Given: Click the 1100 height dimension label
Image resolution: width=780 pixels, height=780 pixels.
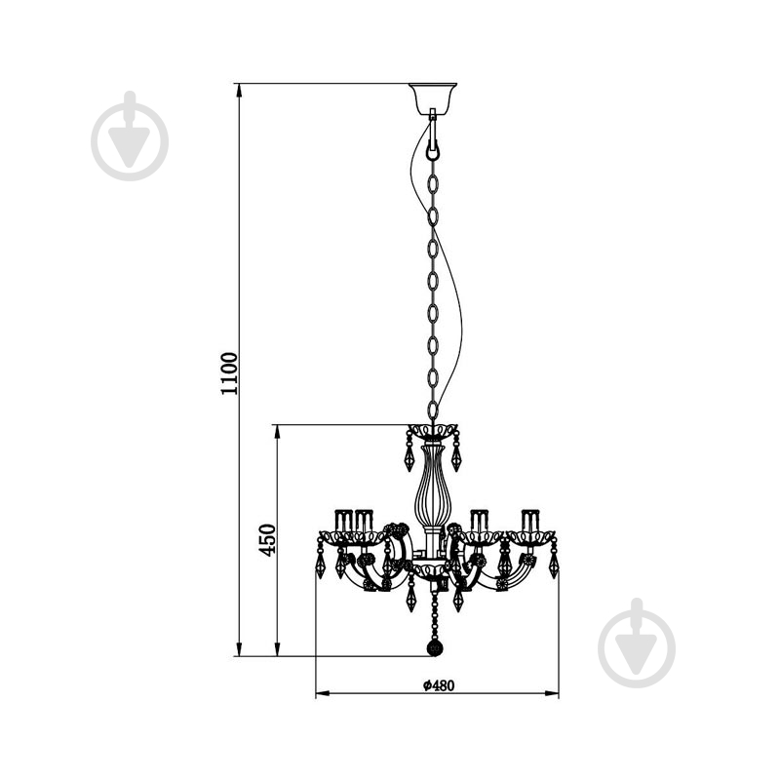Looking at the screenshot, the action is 230,373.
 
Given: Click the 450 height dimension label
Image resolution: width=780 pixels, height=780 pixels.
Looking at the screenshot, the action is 267,540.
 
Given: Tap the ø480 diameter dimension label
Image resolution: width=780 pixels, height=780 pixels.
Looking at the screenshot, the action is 439,685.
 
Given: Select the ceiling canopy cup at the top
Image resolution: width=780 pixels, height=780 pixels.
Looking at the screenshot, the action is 433,98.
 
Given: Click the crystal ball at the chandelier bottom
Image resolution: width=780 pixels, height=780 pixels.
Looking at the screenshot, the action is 435,648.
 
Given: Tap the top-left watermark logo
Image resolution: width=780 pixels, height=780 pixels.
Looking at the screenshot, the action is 130,136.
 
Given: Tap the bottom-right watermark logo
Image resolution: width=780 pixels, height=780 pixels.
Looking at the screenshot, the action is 637,643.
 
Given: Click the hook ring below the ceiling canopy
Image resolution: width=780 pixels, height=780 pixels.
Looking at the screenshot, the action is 433,150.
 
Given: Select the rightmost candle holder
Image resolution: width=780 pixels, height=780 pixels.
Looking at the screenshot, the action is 530,521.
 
